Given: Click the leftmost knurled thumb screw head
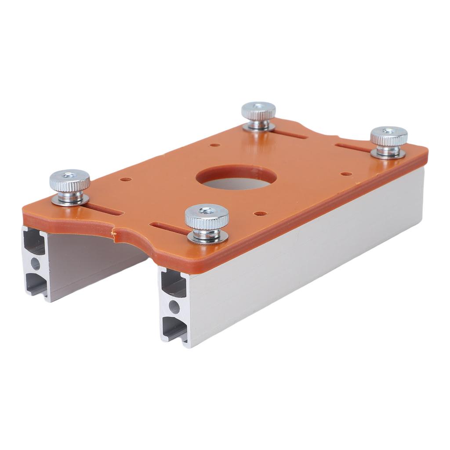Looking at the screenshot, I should pyautogui.click(x=69, y=180).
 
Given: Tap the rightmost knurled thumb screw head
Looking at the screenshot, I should pyautogui.click(x=388, y=136).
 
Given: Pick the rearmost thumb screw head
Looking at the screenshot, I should pyautogui.click(x=258, y=111).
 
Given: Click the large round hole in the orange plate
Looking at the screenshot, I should pyautogui.click(x=236, y=178).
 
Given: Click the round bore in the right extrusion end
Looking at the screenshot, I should pyautogui.click(x=174, y=307).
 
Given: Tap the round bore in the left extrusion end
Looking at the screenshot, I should pyautogui.click(x=35, y=264).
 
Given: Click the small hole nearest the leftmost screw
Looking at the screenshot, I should pyautogui.click(x=126, y=179).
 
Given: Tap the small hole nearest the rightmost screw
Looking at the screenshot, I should pyautogui.click(x=346, y=174).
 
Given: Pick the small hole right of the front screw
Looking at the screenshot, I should pyautogui.click(x=260, y=214).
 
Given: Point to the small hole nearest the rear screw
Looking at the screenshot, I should pyautogui.click(x=215, y=145).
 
